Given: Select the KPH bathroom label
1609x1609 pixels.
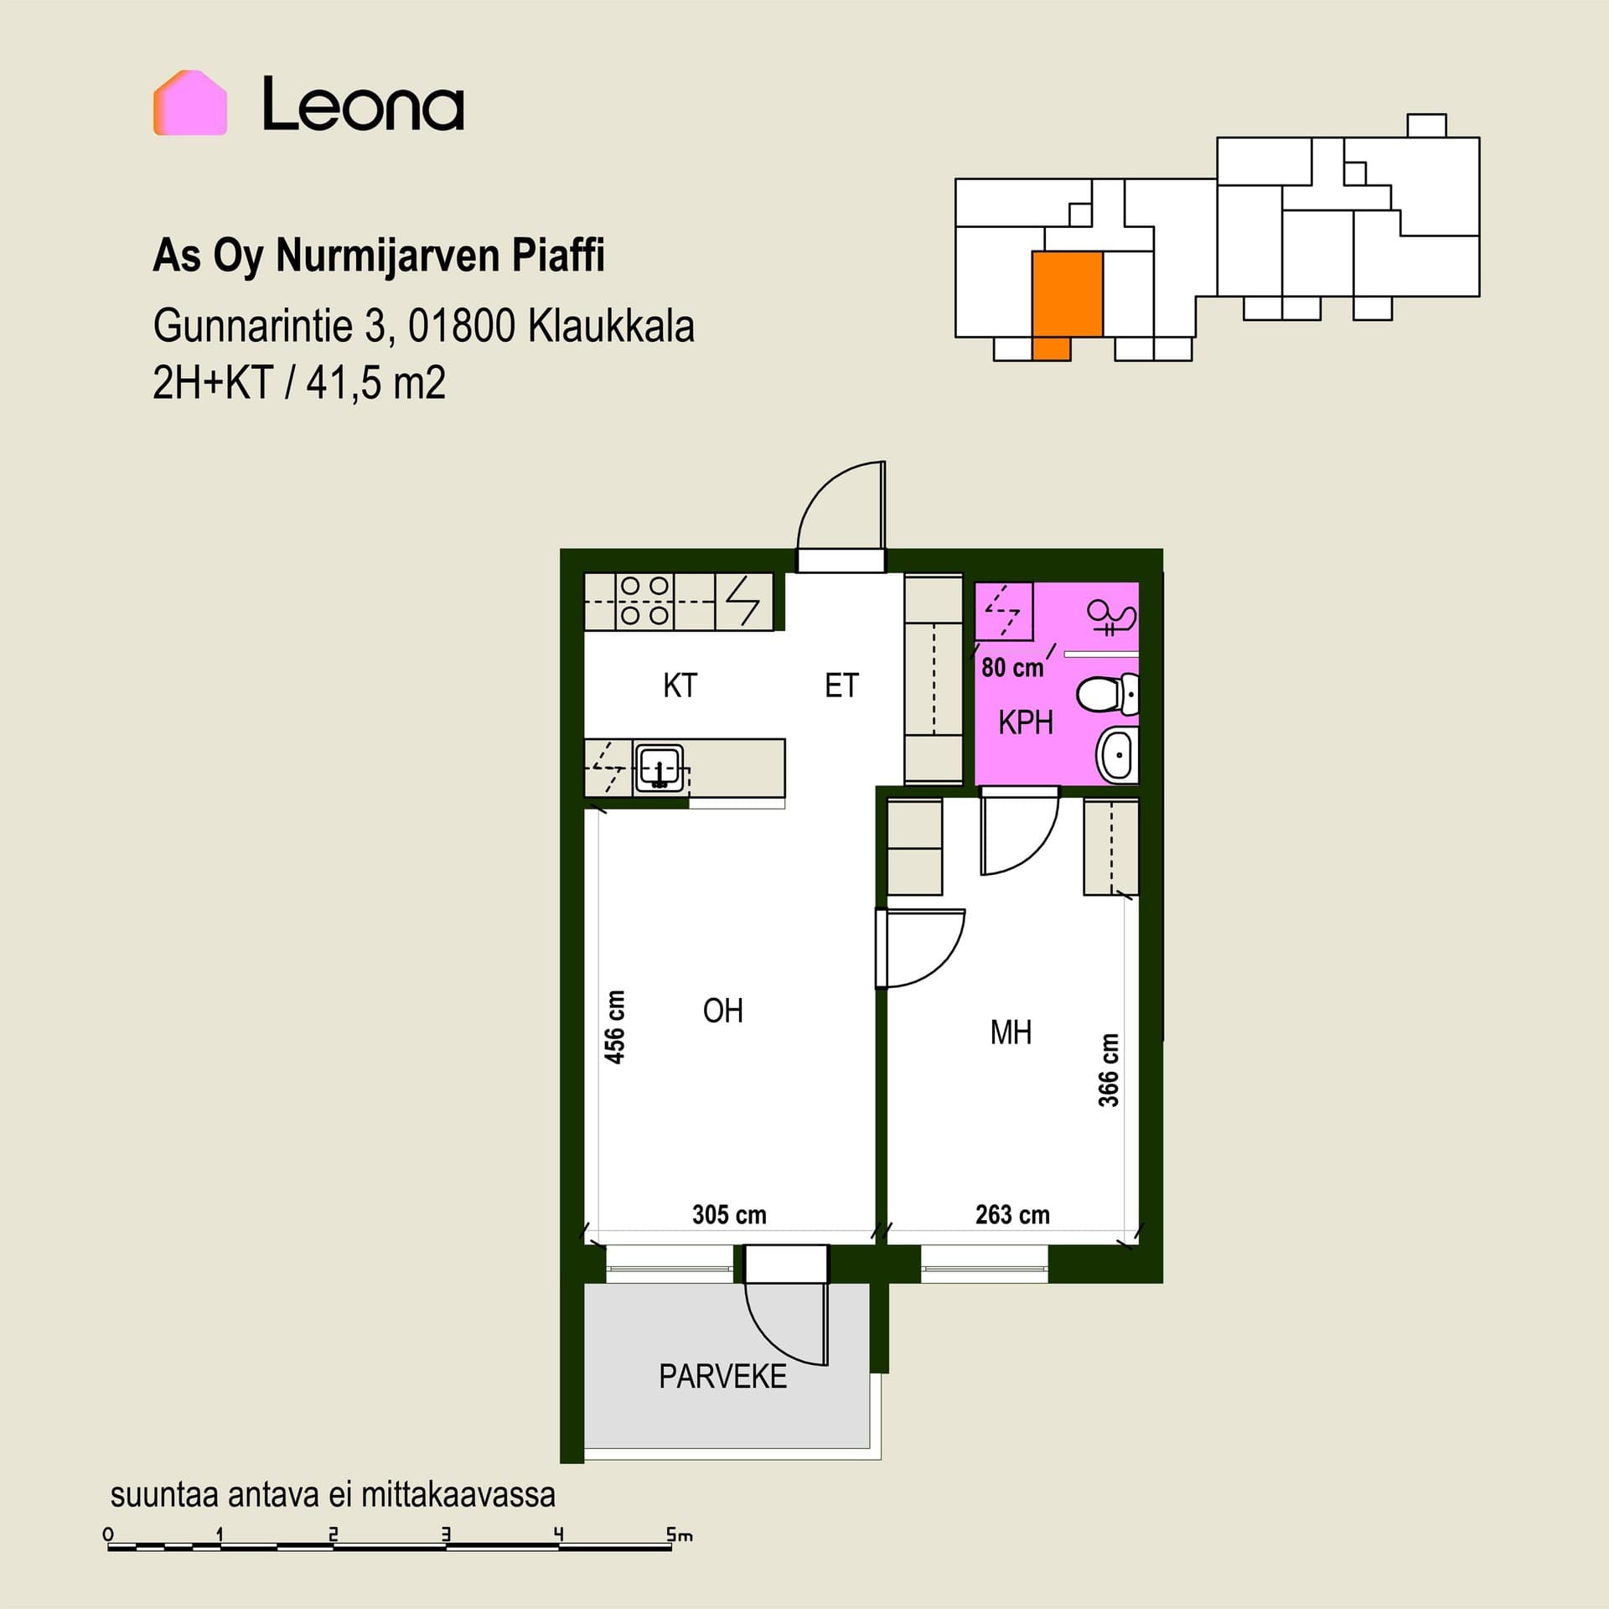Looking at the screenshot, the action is (x=1025, y=722).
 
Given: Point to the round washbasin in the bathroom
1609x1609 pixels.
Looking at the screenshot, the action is (x=1118, y=754).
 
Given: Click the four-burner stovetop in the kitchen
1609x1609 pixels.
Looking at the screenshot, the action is (x=645, y=601).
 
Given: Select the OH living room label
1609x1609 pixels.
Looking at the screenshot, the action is (x=722, y=1011).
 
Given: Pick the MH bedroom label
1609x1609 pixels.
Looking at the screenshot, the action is (x=1011, y=1032).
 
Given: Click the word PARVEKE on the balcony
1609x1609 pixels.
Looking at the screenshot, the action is (x=722, y=1377).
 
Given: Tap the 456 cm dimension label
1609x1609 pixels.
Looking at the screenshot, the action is (x=615, y=1027).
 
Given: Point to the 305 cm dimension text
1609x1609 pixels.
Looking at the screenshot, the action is (x=729, y=1214).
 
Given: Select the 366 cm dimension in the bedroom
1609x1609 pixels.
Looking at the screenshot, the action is (x=1109, y=1070).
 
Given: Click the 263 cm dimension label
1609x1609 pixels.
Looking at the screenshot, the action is (x=1012, y=1214).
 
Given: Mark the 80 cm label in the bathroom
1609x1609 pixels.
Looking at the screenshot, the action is (x=1012, y=668).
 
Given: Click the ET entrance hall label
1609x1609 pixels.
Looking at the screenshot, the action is (x=841, y=686).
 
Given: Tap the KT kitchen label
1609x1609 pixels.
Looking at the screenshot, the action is (x=680, y=686).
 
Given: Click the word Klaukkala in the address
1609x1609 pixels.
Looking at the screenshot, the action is (x=611, y=326).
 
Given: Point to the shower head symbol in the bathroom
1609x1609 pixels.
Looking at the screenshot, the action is (x=1112, y=617).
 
